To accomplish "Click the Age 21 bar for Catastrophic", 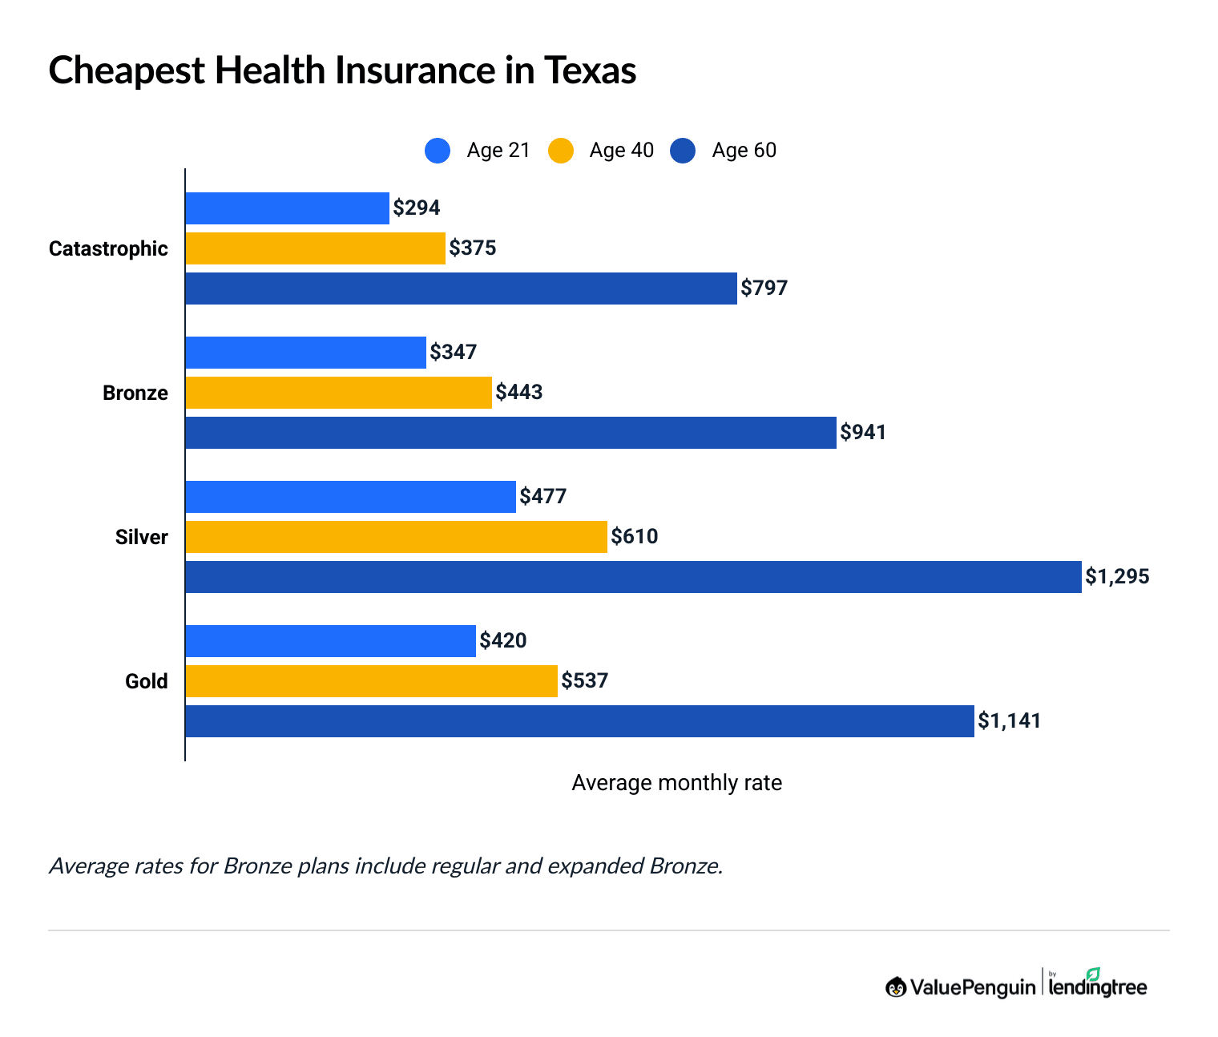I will click(x=287, y=208).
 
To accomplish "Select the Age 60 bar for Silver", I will click(x=633, y=577).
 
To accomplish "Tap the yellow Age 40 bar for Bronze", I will click(x=338, y=393).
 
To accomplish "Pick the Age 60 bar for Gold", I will click(x=579, y=721).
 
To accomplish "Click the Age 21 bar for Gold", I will click(x=330, y=641).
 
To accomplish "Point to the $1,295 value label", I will click(x=1117, y=577).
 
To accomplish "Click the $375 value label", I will click(x=473, y=248).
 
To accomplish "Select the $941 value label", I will click(x=863, y=433).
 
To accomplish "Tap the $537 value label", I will click(x=585, y=681).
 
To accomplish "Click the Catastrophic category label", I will click(x=108, y=248).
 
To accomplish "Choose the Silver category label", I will click(x=141, y=537).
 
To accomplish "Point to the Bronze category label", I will click(x=135, y=393).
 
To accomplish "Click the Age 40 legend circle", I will click(x=561, y=151).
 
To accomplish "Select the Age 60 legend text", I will click(x=744, y=151).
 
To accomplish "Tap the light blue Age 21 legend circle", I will click(x=438, y=151).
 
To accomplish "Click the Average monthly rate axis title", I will click(x=676, y=783).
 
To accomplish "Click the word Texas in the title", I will click(x=590, y=71).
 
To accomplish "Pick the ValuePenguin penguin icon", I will click(x=895, y=987).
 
